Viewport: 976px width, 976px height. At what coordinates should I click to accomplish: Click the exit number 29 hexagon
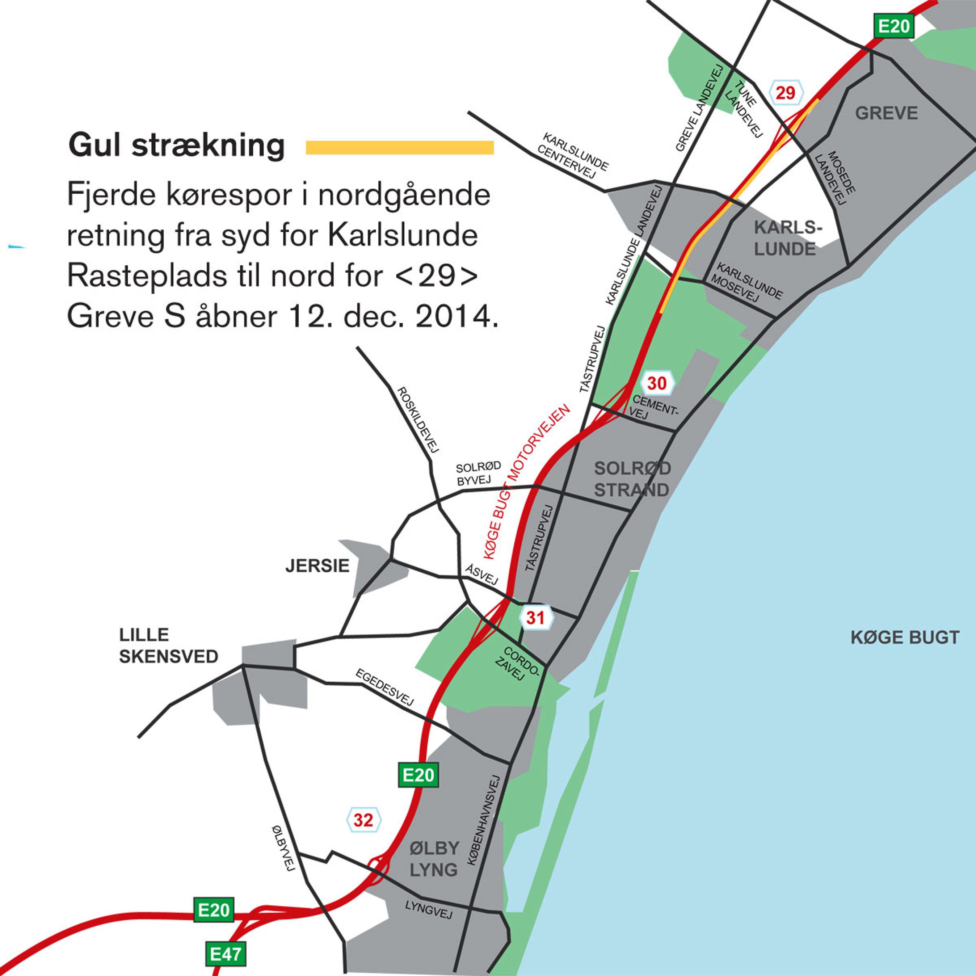point(785,92)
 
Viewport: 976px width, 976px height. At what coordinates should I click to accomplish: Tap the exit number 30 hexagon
point(657,383)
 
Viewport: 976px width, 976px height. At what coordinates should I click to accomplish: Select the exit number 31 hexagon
point(536,617)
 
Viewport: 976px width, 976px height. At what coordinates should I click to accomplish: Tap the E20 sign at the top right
point(894,26)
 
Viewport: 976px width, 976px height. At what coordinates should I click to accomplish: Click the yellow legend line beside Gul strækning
point(400,147)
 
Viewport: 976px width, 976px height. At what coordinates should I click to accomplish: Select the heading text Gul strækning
point(177,146)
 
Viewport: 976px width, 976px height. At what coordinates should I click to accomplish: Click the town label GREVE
point(886,113)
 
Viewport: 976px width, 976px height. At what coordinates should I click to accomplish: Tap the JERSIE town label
point(317,566)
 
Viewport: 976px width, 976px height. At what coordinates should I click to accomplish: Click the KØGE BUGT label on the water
point(905,638)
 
